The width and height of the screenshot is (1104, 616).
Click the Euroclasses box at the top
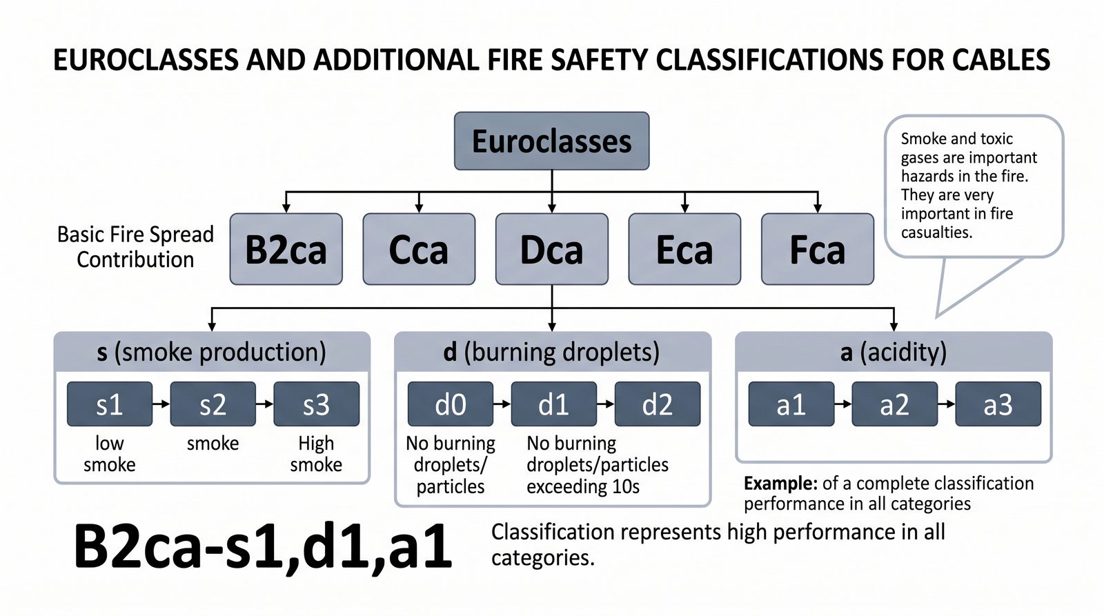[551, 141]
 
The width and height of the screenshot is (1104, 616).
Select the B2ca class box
[286, 249]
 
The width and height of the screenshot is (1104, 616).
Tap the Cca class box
[419, 249]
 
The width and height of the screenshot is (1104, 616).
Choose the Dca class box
[551, 249]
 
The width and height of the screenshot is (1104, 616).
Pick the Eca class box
[684, 249]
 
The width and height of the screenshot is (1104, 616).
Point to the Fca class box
[817, 249]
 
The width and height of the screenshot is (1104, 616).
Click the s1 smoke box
[110, 404]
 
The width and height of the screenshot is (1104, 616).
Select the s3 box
[316, 404]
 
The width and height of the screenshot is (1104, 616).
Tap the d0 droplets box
[450, 404]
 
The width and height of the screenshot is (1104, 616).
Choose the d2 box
[657, 404]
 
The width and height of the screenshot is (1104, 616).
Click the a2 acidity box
[894, 404]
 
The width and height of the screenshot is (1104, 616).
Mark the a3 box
[998, 404]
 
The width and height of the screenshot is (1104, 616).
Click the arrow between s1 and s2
[161, 404]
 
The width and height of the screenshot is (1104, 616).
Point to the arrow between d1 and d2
[606, 404]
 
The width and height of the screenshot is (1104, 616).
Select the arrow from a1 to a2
[843, 404]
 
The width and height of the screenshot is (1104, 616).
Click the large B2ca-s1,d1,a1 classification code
[262, 547]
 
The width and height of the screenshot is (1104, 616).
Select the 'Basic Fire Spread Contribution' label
[135, 247]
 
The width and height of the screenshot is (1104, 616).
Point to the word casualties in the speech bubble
[936, 232]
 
